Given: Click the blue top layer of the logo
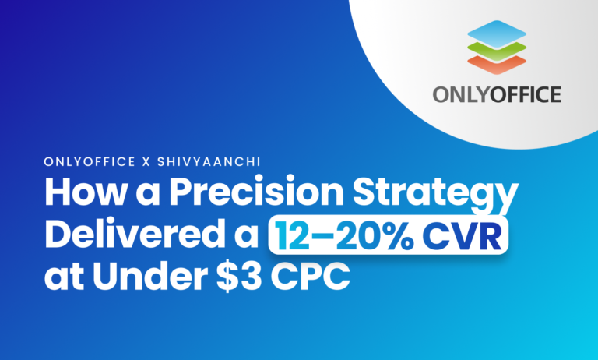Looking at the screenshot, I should pos(498,34).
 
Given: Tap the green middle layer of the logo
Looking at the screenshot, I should pos(498,48).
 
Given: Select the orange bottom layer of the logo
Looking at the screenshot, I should pos(498,61).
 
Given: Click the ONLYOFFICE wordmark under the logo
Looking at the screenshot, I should pos(498,95).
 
